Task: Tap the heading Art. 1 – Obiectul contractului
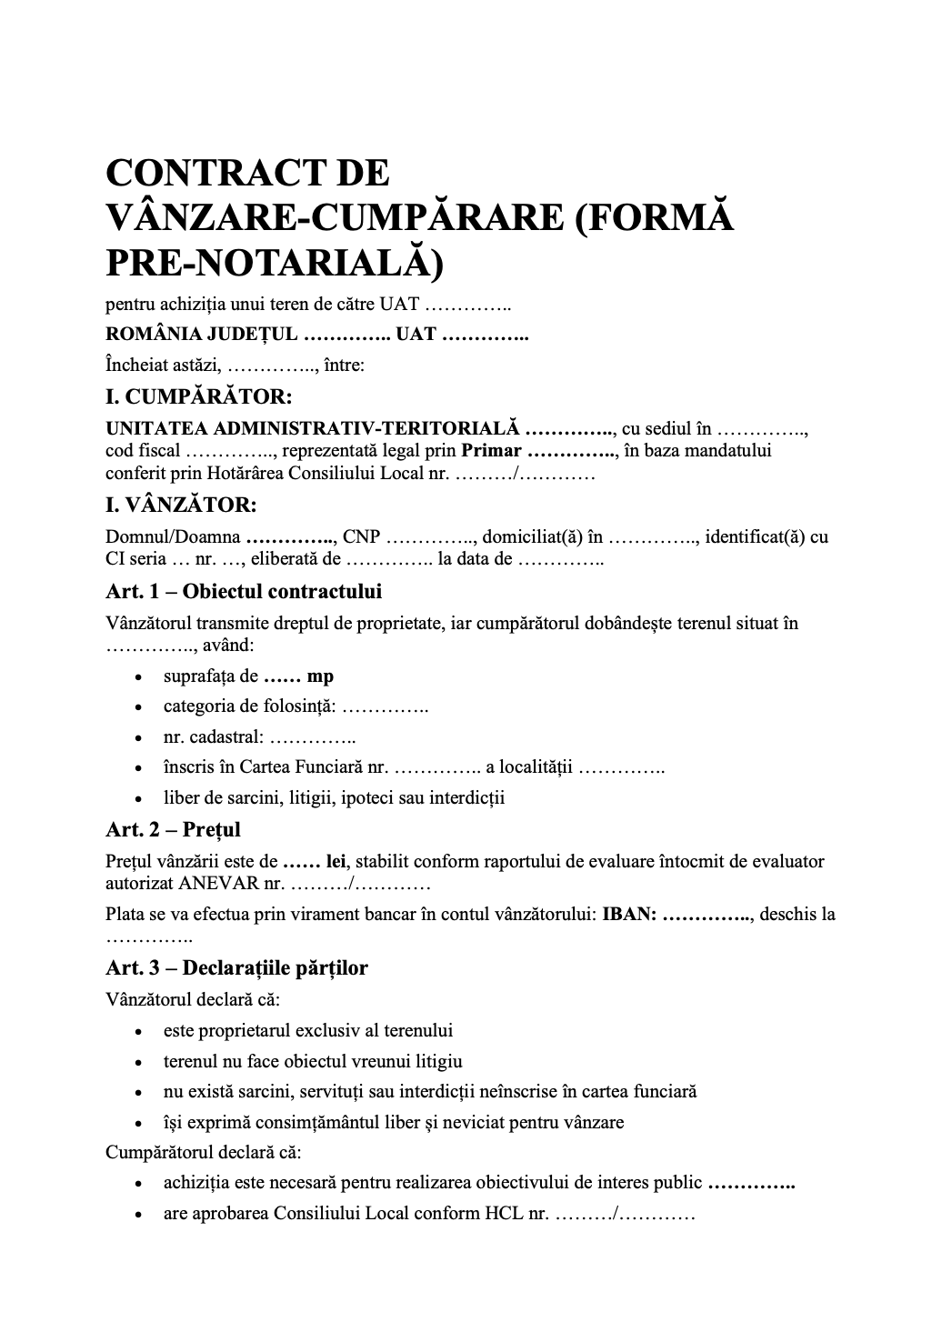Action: (244, 591)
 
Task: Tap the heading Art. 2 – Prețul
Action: (173, 829)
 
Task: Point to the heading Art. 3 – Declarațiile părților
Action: (236, 967)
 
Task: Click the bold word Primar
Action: (491, 451)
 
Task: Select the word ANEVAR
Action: (215, 883)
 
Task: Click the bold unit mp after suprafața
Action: (320, 676)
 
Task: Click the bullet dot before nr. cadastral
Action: (137, 738)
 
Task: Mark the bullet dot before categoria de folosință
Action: (137, 707)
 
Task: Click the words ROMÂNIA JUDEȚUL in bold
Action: (201, 334)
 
